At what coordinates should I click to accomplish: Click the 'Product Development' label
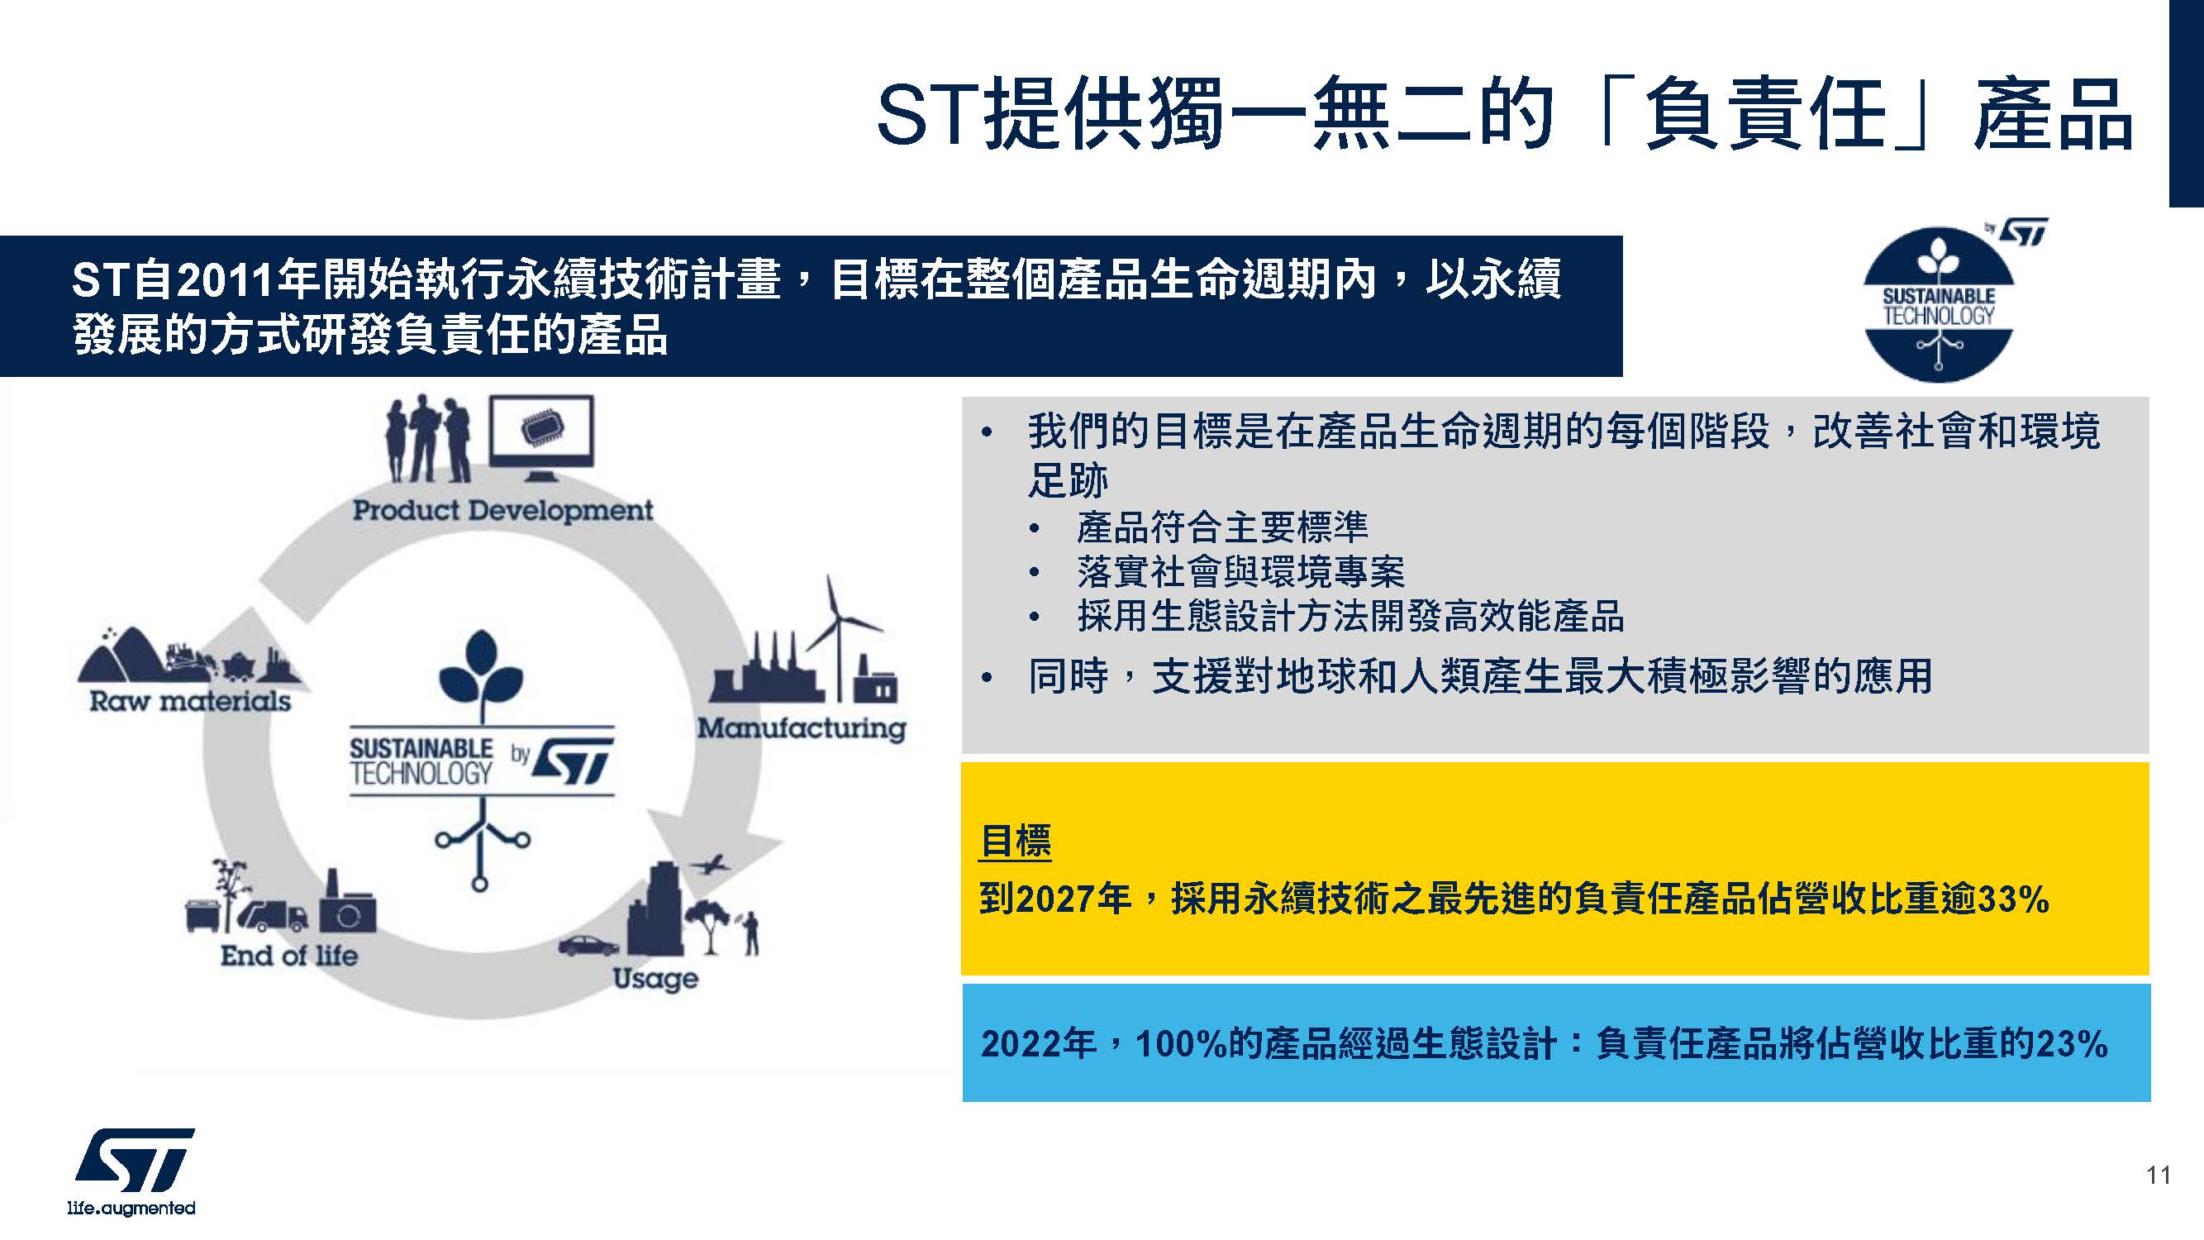click(x=502, y=511)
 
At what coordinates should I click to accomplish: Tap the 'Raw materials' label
click(x=190, y=702)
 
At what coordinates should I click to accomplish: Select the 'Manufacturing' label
click(x=802, y=728)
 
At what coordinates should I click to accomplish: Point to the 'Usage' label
click(x=655, y=979)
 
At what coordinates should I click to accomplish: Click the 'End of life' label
click(x=289, y=956)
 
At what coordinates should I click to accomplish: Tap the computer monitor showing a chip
click(x=540, y=436)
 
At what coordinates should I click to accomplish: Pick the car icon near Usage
click(x=588, y=945)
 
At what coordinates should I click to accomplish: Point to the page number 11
click(x=2159, y=1175)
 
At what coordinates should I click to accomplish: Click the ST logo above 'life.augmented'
click(x=136, y=1161)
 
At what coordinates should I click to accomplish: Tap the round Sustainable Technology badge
click(x=1939, y=305)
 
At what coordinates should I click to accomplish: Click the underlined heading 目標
click(x=1016, y=842)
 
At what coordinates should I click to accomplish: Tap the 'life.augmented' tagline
click(x=131, y=1208)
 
